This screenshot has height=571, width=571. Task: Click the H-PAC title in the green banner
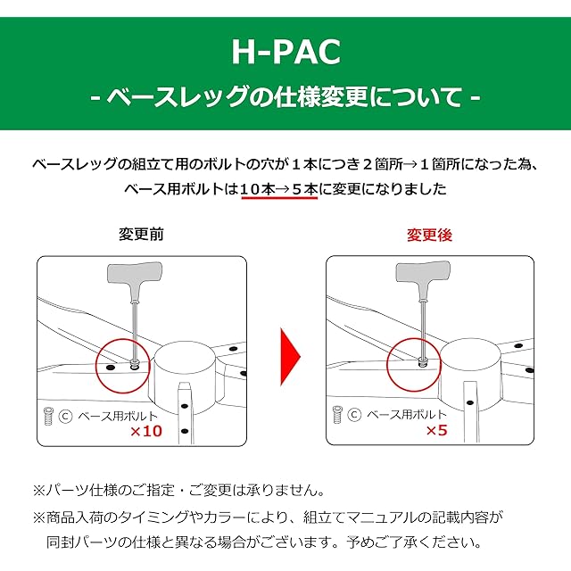pyautogui.click(x=285, y=54)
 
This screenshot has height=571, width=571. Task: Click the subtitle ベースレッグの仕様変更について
pyautogui.click(x=285, y=95)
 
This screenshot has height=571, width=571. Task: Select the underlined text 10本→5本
pyautogui.click(x=279, y=189)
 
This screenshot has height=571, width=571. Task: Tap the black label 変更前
pyautogui.click(x=141, y=235)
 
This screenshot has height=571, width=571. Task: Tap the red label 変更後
pyautogui.click(x=430, y=236)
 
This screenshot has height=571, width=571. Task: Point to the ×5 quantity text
pyautogui.click(x=436, y=431)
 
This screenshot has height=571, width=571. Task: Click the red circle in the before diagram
pyautogui.click(x=121, y=364)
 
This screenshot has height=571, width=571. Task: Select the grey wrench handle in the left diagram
pyautogui.click(x=131, y=271)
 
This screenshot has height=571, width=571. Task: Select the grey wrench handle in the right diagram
pyautogui.click(x=421, y=271)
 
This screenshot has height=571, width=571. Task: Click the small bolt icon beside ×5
pyautogui.click(x=337, y=415)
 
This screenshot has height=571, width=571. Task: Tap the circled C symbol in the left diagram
pyautogui.click(x=65, y=416)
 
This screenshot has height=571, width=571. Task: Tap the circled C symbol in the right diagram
pyautogui.click(x=354, y=416)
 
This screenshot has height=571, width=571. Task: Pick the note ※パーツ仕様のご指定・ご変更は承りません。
pyautogui.click(x=178, y=490)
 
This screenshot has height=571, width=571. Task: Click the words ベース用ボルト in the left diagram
pyautogui.click(x=119, y=416)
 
